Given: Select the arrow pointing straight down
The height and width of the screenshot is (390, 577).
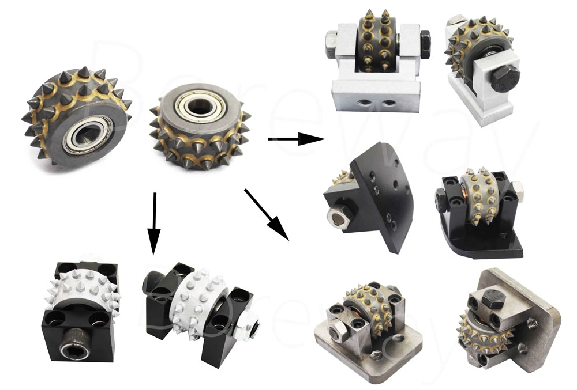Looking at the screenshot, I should pos(153,225).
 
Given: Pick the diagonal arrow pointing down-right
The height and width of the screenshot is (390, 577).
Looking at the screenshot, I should pos(266,214).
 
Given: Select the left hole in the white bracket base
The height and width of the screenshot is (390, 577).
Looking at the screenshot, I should pos(369,103).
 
